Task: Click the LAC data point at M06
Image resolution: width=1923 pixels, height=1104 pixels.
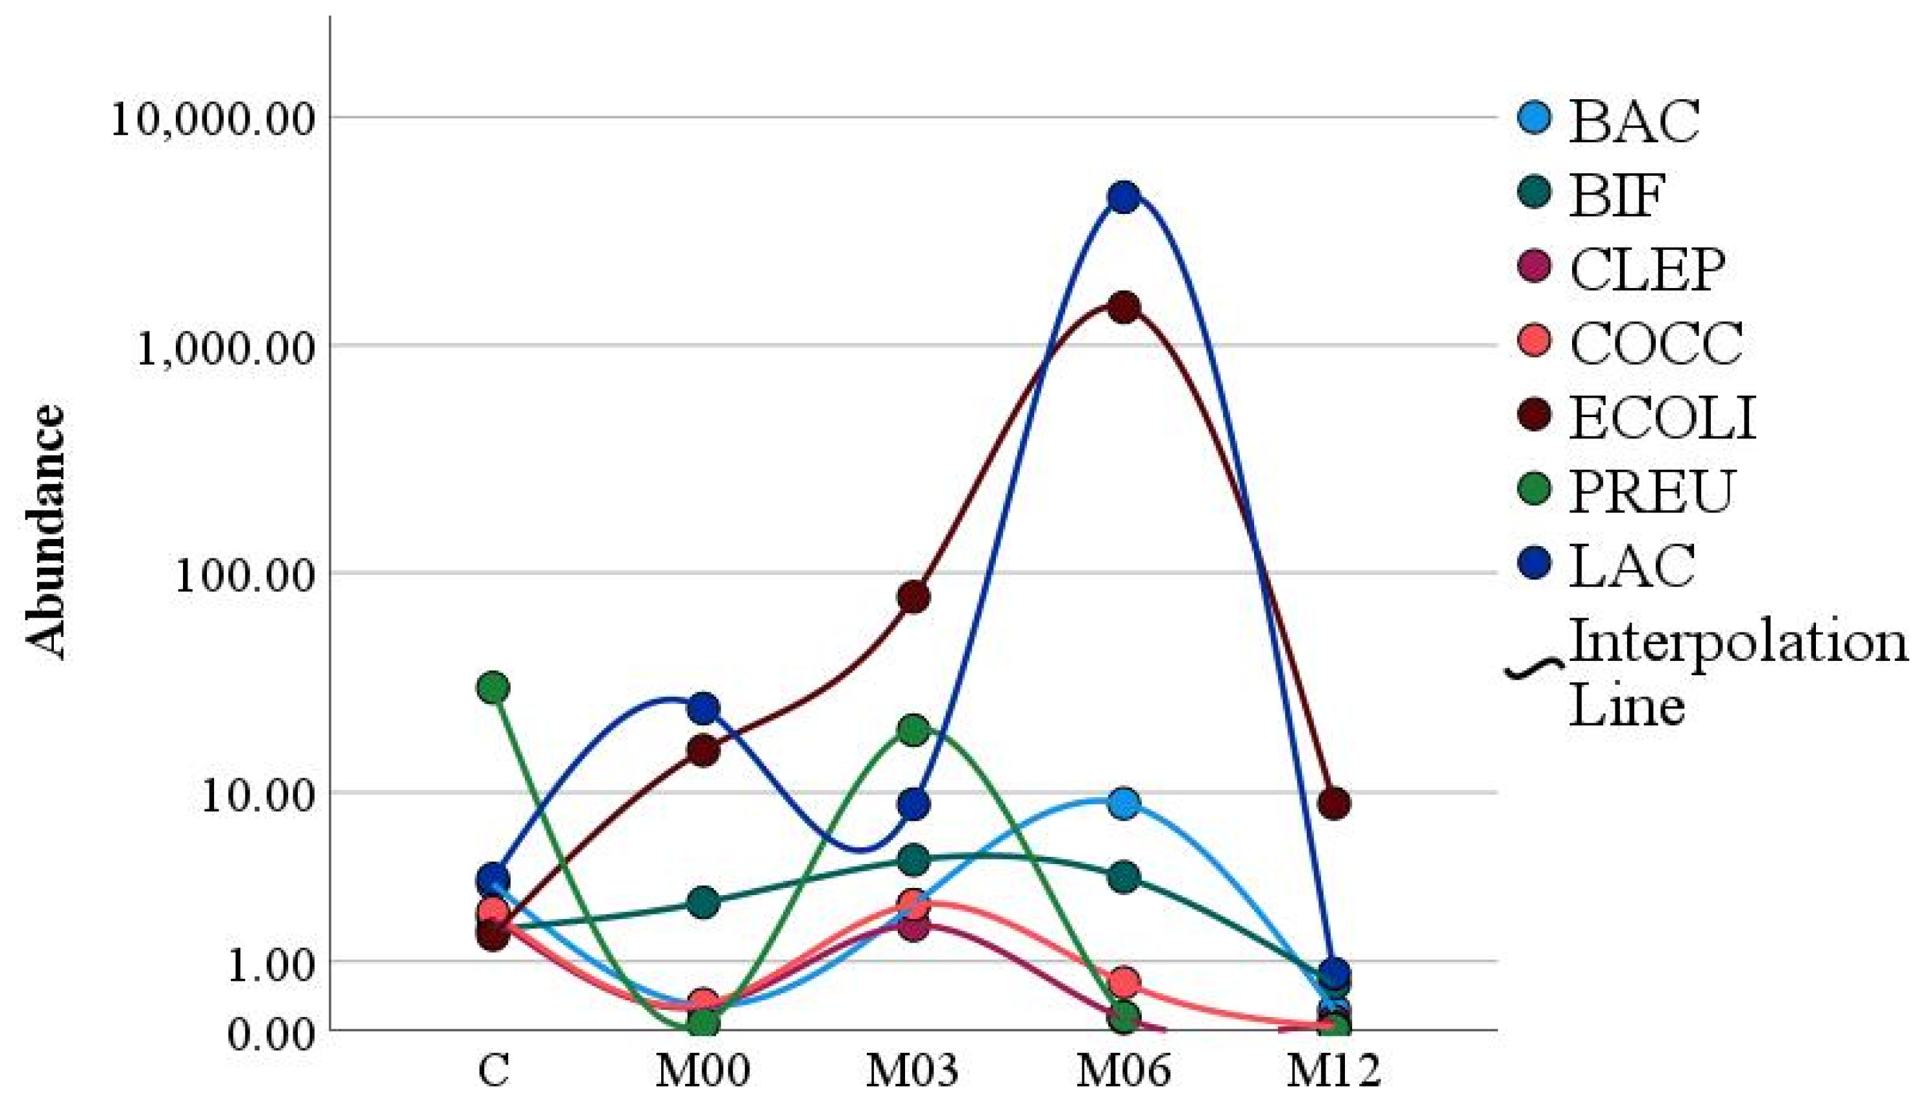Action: point(1124,197)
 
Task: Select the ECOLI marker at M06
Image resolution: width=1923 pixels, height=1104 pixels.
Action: point(1124,308)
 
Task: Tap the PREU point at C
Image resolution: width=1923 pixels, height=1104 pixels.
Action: point(494,688)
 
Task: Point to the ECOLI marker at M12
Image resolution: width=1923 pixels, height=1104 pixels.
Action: point(1334,804)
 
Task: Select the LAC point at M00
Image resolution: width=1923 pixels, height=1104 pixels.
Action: point(704,709)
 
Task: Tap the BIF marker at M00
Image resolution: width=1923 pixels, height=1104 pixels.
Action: point(704,903)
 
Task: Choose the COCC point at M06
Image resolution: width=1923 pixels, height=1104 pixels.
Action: point(1124,983)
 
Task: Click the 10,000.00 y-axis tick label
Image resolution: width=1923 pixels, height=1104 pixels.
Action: point(212,120)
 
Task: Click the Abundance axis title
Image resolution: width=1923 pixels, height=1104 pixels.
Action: point(45,531)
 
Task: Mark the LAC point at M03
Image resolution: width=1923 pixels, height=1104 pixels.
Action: point(913,804)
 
